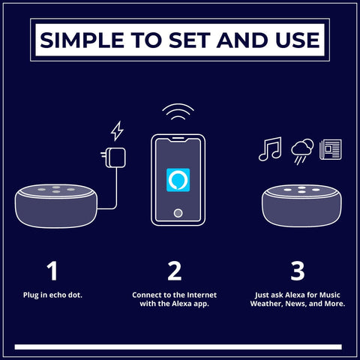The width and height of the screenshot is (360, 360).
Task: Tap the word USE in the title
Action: (x=298, y=40)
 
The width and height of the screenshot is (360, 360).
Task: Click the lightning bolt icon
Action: (x=117, y=131)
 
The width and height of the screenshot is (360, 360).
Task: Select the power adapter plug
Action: (x=113, y=157)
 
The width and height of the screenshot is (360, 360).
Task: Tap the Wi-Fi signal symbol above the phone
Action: (x=178, y=112)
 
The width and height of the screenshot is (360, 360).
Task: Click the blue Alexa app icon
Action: (x=178, y=180)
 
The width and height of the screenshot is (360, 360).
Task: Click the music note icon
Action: (x=270, y=149)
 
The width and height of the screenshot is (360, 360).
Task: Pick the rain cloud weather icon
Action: (x=302, y=151)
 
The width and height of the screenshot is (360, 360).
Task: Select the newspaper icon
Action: (x=331, y=149)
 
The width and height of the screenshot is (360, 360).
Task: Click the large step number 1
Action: (x=52, y=271)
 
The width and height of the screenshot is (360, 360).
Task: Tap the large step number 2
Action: (x=175, y=271)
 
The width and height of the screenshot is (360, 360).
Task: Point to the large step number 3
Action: (x=298, y=271)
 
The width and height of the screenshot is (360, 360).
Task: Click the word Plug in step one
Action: (x=31, y=295)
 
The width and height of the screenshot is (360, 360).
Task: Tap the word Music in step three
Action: (x=330, y=295)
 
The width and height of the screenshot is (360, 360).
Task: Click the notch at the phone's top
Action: (x=178, y=139)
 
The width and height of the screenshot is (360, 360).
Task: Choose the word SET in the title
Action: (x=188, y=40)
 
